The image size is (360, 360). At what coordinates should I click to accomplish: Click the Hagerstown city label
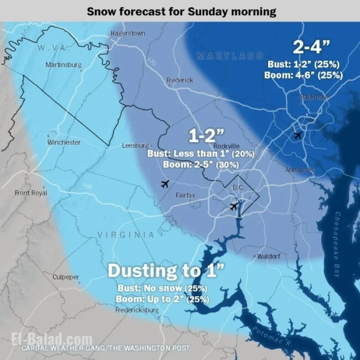pyautogui.click(x=127, y=34)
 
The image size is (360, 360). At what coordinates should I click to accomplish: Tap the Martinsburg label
pyautogui.click(x=63, y=65)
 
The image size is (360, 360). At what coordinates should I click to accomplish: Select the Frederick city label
pyautogui.click(x=180, y=80)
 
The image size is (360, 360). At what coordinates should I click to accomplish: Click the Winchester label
pyautogui.click(x=64, y=142)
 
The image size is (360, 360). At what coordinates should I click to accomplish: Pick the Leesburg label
pyautogui.click(x=135, y=146)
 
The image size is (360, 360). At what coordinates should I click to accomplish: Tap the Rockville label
pyautogui.click(x=226, y=146)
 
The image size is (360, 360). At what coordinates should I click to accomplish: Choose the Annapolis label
pyautogui.click(x=300, y=170)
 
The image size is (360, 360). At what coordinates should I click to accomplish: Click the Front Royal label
pyautogui.click(x=31, y=193)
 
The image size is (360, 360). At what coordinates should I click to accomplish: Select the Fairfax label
pyautogui.click(x=185, y=195)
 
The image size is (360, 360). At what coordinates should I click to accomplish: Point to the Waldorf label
pyautogui.click(x=268, y=257)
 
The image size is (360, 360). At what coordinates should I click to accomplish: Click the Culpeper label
pyautogui.click(x=66, y=277)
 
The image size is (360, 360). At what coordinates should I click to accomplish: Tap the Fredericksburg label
pyautogui.click(x=137, y=310)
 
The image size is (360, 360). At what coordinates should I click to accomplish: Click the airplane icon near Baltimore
pyautogui.click(x=297, y=135)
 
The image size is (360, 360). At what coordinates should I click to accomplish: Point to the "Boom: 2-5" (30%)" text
pyautogui.click(x=200, y=164)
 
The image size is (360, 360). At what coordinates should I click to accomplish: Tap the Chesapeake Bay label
pyautogui.click(x=337, y=244)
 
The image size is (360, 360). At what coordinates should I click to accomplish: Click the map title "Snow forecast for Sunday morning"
pyautogui.click(x=181, y=11)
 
